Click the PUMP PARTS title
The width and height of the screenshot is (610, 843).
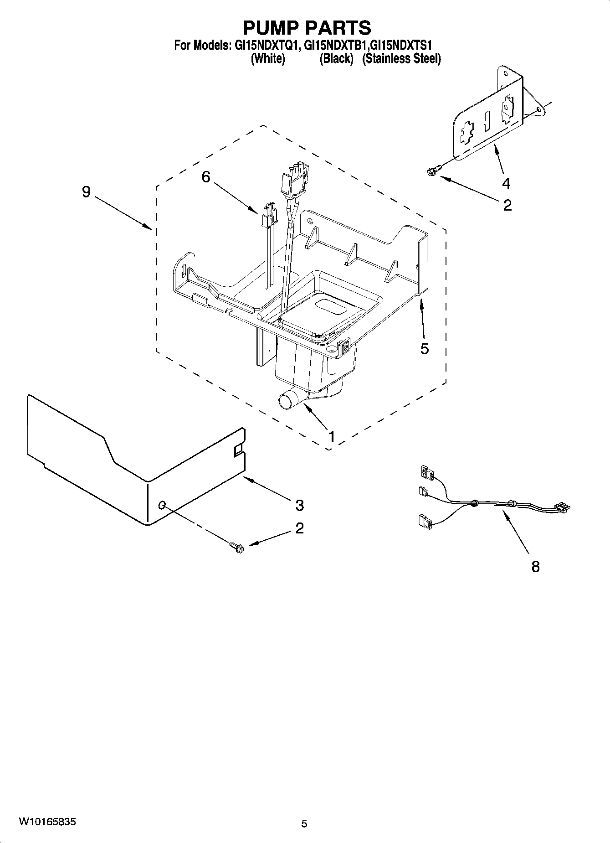point(307,28)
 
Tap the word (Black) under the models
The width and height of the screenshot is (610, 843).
point(336,59)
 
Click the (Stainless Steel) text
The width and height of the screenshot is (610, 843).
point(401,59)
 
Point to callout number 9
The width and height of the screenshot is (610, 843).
point(86,192)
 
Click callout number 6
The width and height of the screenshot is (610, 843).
point(206,176)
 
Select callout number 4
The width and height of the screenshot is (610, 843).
point(506,184)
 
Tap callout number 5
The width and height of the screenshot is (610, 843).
point(424,349)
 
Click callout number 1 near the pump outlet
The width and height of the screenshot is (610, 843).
point(332,436)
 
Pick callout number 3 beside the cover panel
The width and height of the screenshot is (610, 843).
point(299,505)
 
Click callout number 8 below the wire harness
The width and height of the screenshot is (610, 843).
point(535,567)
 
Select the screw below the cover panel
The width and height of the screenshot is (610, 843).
point(237,546)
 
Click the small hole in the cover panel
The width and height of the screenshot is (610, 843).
point(162,504)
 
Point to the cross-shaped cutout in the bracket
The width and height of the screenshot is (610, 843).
point(466,134)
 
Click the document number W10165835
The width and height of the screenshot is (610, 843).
point(47,822)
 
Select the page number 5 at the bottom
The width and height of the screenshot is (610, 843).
point(304,823)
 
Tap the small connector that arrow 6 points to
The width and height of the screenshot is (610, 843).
point(269,214)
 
